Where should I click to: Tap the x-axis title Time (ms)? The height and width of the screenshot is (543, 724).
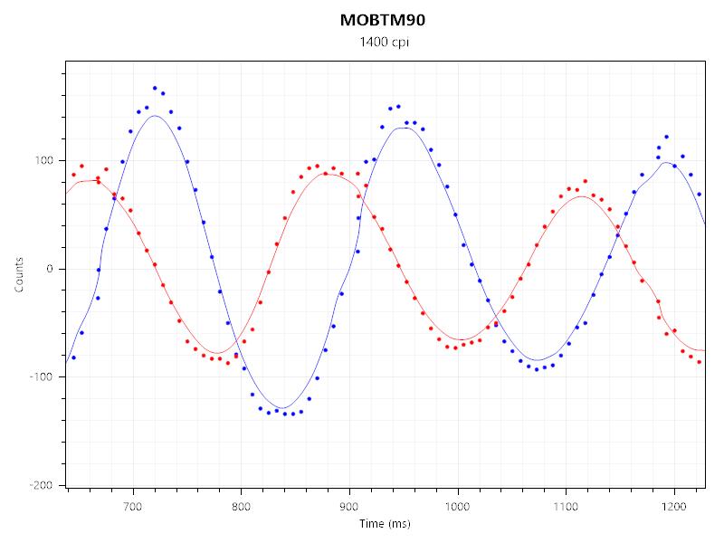pos(386,523)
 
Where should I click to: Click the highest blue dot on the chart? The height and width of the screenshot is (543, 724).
pos(155,88)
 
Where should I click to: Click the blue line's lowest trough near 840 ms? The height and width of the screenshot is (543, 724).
pos(283,408)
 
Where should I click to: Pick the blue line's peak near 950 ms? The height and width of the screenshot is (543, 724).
pos(405,128)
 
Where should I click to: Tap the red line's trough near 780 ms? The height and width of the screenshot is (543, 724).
pos(218,353)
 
